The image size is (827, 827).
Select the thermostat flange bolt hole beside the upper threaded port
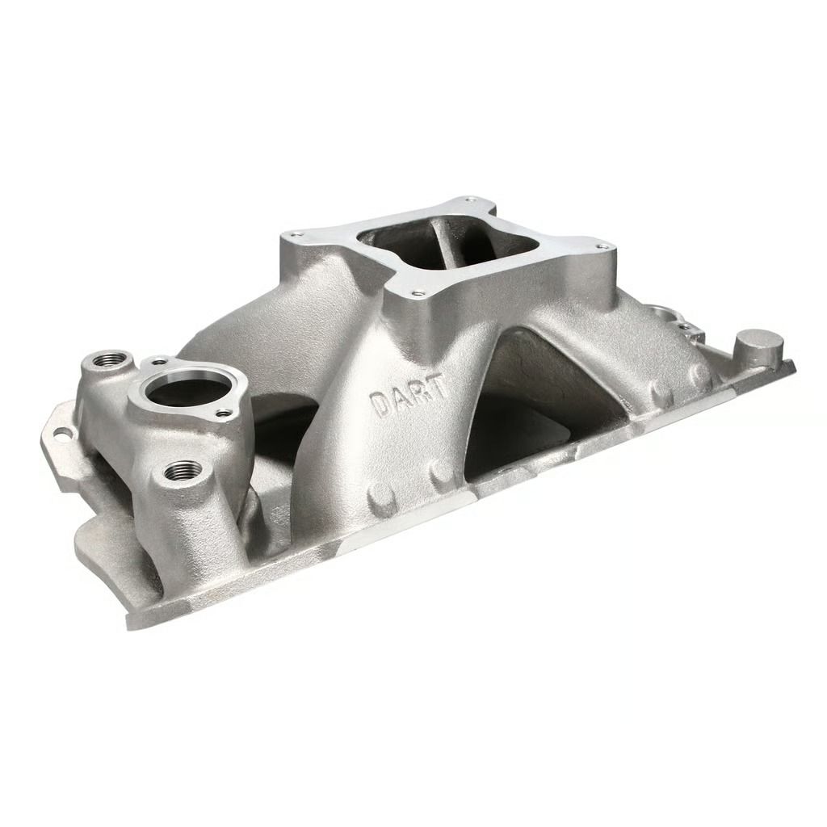pyautogui.click(x=159, y=361)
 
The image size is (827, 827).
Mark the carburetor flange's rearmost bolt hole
pyautogui.click(x=470, y=201)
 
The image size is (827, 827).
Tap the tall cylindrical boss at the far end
pyautogui.click(x=759, y=346)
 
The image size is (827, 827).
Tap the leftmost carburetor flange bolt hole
pyautogui.click(x=297, y=234)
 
